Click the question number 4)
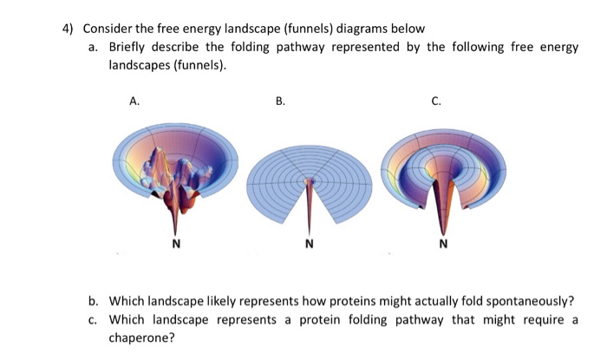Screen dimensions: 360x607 pyautogui.click(x=69, y=28)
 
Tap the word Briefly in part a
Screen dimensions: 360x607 pyautogui.click(x=127, y=47)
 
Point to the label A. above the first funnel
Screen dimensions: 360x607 pyautogui.click(x=134, y=101)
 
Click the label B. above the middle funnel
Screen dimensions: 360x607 pyautogui.click(x=280, y=101)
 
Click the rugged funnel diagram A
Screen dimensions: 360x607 pyautogui.click(x=176, y=169)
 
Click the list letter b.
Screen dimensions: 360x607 pyautogui.click(x=93, y=301)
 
